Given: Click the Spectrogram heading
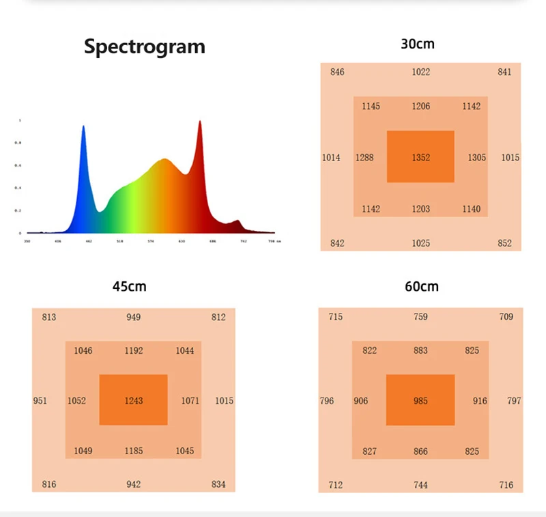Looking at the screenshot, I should [x=144, y=46].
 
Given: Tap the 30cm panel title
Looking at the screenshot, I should [x=418, y=44].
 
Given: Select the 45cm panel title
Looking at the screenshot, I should [x=130, y=287].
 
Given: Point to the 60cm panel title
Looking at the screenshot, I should [x=421, y=287].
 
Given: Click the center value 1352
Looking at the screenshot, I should [x=421, y=158].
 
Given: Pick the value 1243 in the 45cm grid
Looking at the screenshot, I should [x=134, y=401].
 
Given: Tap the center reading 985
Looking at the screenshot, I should [x=420, y=401].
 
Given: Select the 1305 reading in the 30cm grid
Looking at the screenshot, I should [x=477, y=158].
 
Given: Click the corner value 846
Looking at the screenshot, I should [x=337, y=72].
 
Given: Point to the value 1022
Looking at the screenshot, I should [x=421, y=72].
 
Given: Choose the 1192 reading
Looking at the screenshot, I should [x=134, y=351].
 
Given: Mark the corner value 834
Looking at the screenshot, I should [x=218, y=485].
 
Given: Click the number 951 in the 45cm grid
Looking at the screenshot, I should [x=40, y=401].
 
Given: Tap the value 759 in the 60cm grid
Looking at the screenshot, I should [x=420, y=317].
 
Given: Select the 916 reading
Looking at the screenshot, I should [x=480, y=401].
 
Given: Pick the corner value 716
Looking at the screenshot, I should [x=506, y=485].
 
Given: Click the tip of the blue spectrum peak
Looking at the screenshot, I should [x=83, y=126].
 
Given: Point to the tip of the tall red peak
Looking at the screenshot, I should [x=200, y=122].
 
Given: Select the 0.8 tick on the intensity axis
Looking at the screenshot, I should [x=19, y=143].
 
